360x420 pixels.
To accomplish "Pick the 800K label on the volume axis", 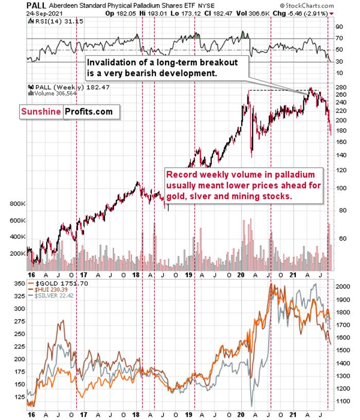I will click(x=17, y=204).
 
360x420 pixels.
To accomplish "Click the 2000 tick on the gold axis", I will click(x=344, y=286).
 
